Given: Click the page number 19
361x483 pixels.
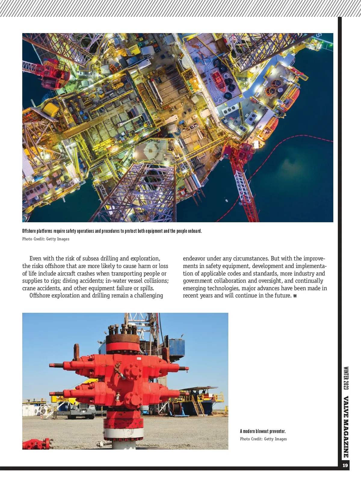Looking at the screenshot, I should point(345,465).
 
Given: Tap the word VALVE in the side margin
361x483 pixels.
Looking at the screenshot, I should point(346,407).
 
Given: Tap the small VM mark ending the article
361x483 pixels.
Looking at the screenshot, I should point(295,296).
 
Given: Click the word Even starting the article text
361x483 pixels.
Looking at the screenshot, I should point(35,258).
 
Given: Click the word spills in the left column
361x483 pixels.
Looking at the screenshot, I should point(147,288).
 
